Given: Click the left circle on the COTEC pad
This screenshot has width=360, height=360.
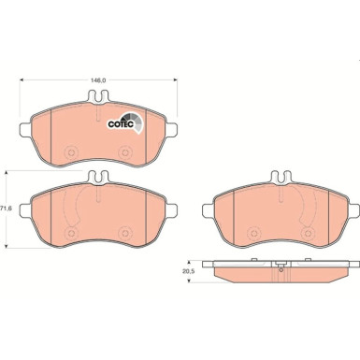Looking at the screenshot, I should pos(69,148).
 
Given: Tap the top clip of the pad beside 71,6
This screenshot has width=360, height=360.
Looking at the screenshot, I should pos(95,178).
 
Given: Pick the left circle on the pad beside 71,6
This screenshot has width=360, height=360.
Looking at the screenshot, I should pos(69,231).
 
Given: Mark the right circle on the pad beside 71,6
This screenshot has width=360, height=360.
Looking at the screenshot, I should pos(122,231).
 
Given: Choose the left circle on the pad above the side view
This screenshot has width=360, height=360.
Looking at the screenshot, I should pos(251,231).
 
